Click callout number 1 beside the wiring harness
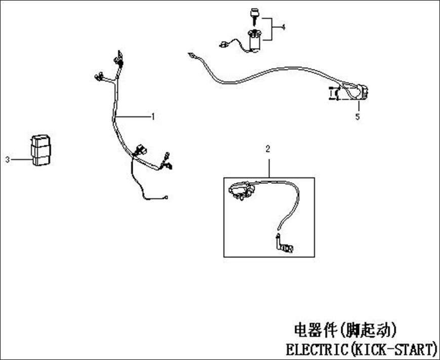[x=153, y=116]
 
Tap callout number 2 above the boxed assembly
[x=268, y=149]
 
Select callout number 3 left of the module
[x=8, y=159]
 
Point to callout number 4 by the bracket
[x=284, y=27]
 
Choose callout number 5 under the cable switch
[x=357, y=117]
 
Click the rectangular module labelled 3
[x=41, y=150]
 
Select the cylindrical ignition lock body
[x=255, y=42]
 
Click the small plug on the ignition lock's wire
[x=223, y=44]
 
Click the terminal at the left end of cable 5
[x=191, y=56]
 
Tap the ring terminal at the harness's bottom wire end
[x=167, y=197]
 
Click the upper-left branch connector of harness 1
[x=99, y=76]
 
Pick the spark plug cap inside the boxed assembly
[x=285, y=245]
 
